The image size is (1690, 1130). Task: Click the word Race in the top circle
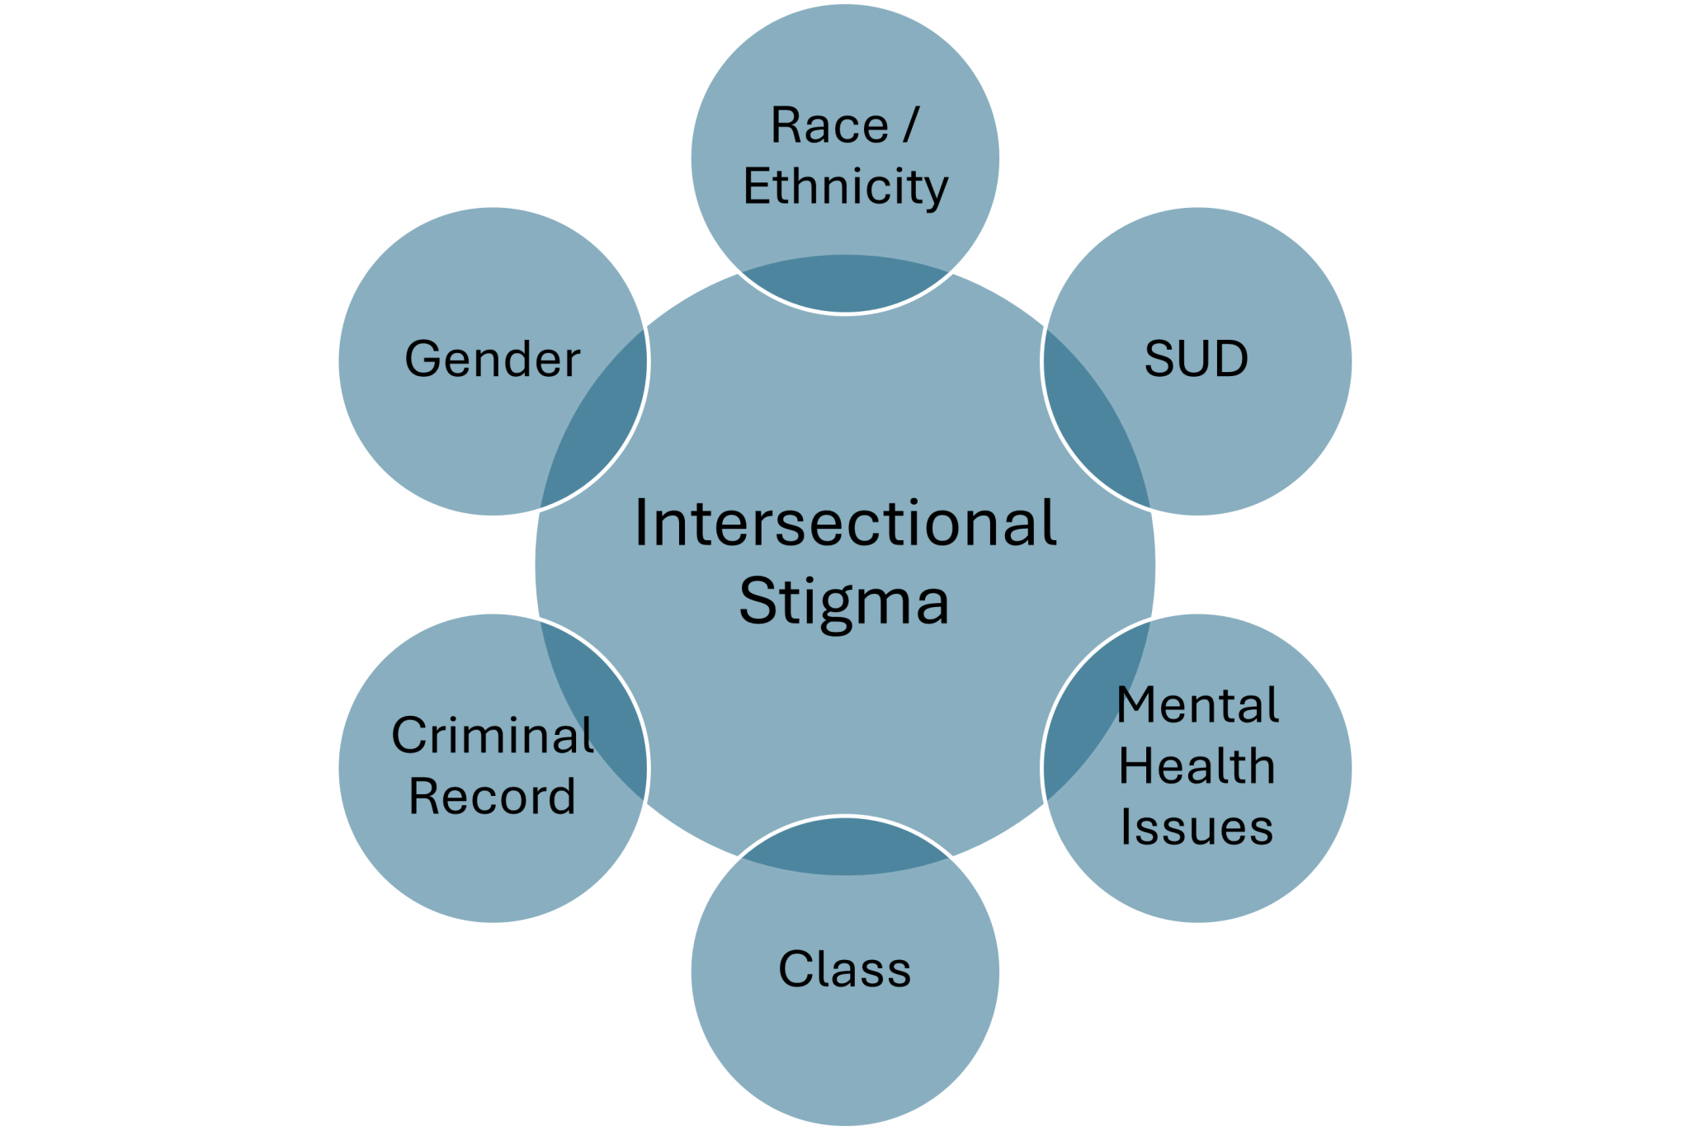click(x=829, y=126)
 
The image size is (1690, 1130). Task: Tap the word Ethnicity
click(x=846, y=187)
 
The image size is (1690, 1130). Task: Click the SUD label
click(x=1196, y=360)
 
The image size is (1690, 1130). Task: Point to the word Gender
click(x=493, y=360)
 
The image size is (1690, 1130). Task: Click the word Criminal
click(x=493, y=735)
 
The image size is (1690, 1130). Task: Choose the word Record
click(x=493, y=797)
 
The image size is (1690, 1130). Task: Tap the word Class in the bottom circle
click(x=845, y=969)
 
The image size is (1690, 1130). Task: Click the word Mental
click(x=1198, y=706)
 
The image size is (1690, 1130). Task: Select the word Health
click(x=1197, y=767)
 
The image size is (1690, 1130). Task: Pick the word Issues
click(x=1197, y=828)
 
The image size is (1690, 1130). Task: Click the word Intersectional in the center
click(x=845, y=524)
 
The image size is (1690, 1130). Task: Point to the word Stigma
click(x=845, y=601)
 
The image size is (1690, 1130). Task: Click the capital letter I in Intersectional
click(x=641, y=524)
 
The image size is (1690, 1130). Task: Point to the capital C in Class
click(x=795, y=969)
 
